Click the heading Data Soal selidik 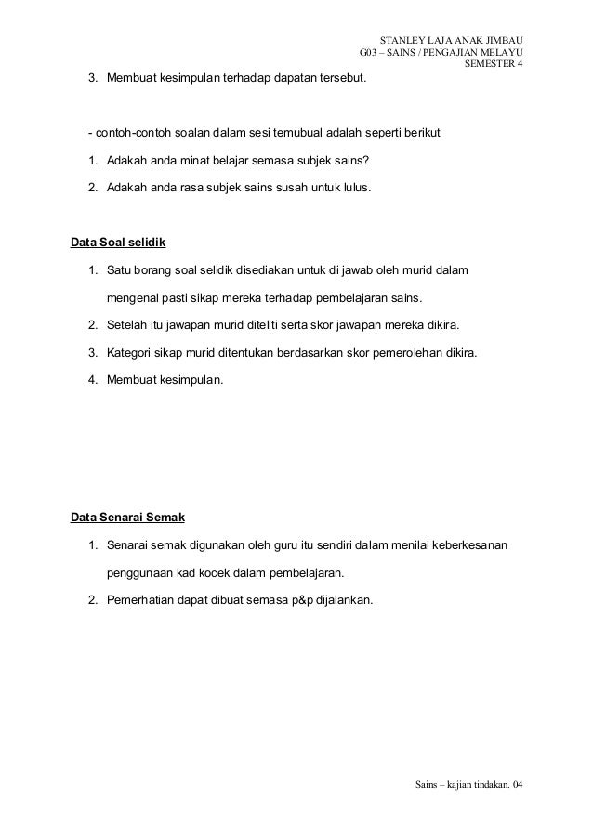point(118,243)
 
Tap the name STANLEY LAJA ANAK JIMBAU point(452,40)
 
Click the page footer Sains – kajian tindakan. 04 point(468,787)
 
